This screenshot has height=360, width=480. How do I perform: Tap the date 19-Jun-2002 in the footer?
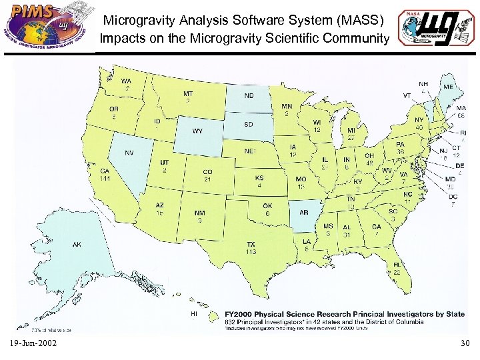(x=33, y=343)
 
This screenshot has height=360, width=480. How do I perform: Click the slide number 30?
(x=465, y=343)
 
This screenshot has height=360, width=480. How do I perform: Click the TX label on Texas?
(x=251, y=245)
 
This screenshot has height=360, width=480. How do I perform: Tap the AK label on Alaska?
(x=77, y=245)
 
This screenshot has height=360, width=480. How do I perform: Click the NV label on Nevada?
(x=129, y=153)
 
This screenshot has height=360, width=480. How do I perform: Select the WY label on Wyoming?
(x=197, y=131)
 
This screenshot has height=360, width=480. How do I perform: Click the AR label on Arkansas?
(x=303, y=213)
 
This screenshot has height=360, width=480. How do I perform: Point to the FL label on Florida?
(x=397, y=265)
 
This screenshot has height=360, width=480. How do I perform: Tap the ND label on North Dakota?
(x=248, y=95)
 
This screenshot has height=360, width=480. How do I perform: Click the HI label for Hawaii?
(x=194, y=313)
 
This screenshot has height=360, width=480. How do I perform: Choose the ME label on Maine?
(x=449, y=87)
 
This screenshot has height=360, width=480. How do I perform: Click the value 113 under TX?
(x=251, y=253)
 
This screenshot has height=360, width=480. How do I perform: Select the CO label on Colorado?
(x=208, y=172)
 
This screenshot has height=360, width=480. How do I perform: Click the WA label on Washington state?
(x=125, y=81)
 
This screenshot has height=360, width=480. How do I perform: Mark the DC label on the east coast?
(x=453, y=197)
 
